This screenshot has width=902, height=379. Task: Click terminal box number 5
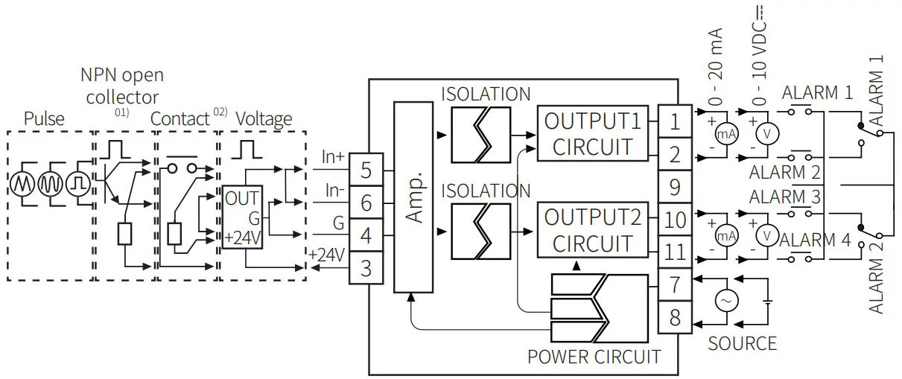pyautogui.click(x=366, y=170)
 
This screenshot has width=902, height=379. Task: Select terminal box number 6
pyautogui.click(x=366, y=203)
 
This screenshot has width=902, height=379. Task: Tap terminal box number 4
pyautogui.click(x=366, y=235)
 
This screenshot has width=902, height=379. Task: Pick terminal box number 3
pyautogui.click(x=366, y=267)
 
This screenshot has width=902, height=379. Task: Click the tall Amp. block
pyautogui.click(x=413, y=197)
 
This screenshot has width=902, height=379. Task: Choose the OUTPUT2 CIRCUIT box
pyautogui.click(x=592, y=231)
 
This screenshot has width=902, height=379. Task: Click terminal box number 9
pyautogui.click(x=675, y=186)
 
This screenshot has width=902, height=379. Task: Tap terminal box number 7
pyautogui.click(x=675, y=284)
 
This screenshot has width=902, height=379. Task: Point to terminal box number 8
pyautogui.click(x=675, y=316)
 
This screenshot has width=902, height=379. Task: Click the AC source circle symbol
pyautogui.click(x=725, y=300)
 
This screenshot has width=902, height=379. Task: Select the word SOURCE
pyautogui.click(x=742, y=343)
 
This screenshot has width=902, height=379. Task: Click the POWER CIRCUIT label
pyautogui.click(x=594, y=357)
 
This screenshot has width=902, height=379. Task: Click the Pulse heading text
pyautogui.click(x=44, y=119)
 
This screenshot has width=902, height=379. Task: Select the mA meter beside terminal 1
pyautogui.click(x=725, y=134)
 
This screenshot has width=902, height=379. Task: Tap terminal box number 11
pyautogui.click(x=675, y=252)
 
